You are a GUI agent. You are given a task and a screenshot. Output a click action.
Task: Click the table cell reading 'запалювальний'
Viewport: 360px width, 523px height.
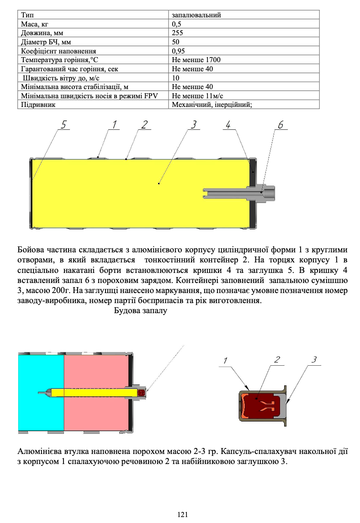196,15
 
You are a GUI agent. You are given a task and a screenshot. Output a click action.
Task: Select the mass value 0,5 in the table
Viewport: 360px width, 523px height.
176,24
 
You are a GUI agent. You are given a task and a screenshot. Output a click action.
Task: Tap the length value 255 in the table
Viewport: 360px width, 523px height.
178,33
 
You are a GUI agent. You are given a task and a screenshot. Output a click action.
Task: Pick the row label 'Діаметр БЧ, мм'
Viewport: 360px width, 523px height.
45,42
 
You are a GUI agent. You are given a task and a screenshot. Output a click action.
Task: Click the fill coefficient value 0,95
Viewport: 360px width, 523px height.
178,51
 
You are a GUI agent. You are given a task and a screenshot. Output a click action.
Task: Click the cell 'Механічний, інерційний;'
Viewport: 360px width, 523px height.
212,105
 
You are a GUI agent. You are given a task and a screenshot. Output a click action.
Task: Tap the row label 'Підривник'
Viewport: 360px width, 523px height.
36,105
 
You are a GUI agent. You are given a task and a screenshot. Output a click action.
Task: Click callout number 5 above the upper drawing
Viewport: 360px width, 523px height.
64,124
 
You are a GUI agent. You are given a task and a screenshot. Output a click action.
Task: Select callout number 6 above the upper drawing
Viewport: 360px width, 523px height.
281,124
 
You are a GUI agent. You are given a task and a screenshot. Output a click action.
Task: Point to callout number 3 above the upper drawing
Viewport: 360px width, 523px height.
194,124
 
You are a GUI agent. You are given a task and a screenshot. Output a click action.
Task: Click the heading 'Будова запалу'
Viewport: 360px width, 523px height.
140,311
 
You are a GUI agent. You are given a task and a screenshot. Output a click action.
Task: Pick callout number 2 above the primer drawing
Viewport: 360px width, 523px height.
277,360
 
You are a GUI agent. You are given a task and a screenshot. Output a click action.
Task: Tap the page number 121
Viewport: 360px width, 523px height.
183,515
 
